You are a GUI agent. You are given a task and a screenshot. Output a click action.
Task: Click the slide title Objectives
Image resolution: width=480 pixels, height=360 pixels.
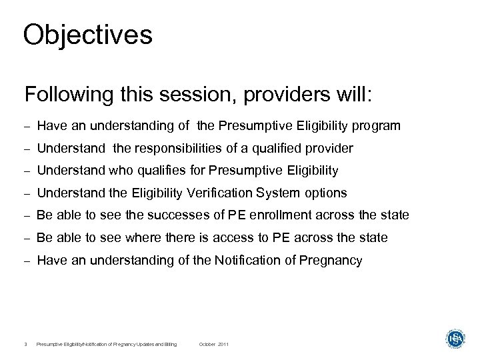pos(87,35)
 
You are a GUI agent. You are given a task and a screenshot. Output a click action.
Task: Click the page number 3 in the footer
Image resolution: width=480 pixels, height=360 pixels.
pos(25,344)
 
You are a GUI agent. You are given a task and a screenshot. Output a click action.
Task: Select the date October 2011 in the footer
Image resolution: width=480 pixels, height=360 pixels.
pos(214,344)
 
